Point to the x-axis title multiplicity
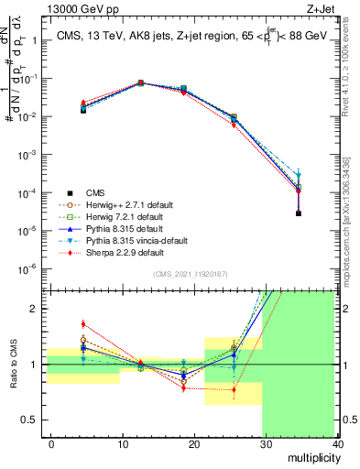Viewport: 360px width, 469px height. tap(312, 455)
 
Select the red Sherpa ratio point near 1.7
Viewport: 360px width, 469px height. tap(83, 324)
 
